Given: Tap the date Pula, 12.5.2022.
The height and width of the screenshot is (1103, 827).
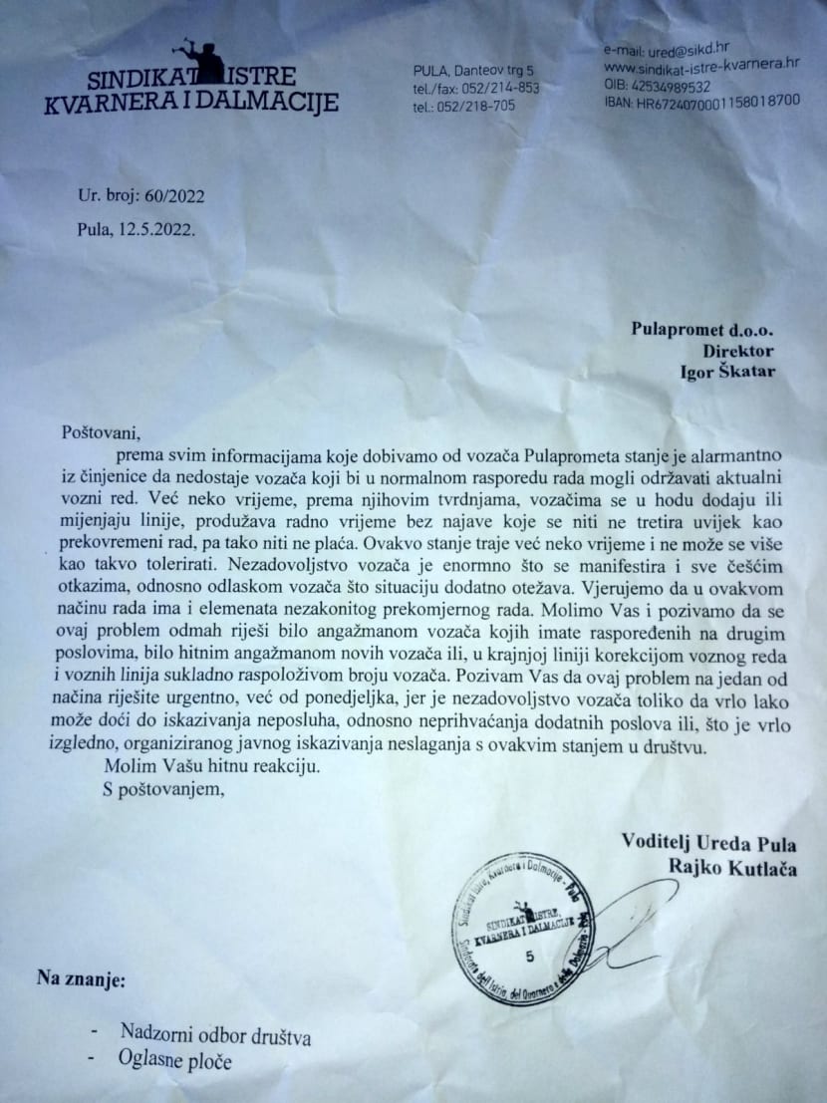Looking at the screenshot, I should click(x=137, y=227).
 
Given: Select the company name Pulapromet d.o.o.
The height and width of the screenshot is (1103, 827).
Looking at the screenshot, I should click(x=701, y=329).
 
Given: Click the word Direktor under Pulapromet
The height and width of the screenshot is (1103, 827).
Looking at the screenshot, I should click(x=737, y=352).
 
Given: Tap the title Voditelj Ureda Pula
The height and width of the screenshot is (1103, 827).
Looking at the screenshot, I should click(x=707, y=845).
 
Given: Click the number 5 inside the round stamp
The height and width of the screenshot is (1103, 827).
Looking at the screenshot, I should click(x=529, y=956).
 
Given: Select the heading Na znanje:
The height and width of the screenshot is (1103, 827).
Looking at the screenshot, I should click(x=83, y=978).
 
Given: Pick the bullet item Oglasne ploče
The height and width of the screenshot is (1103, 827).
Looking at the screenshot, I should click(x=175, y=1061).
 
